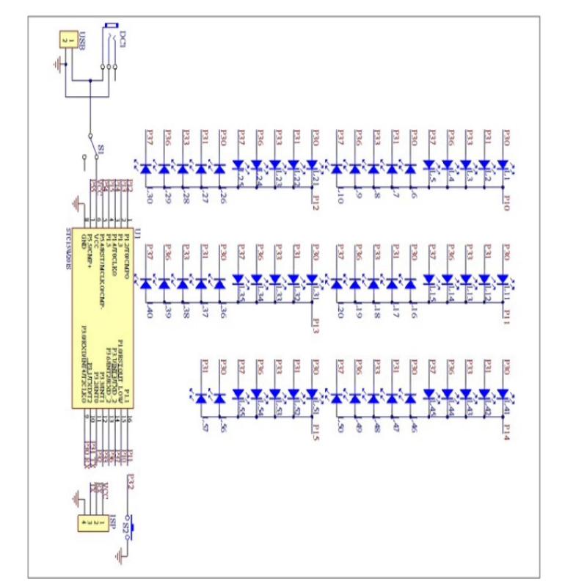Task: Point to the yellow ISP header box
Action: pos(91,522)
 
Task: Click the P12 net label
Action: pos(315,203)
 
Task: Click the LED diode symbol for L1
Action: pos(503,167)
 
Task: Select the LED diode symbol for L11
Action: pos(503,280)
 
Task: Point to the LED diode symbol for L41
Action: pos(503,395)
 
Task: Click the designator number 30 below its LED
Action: pos(150,197)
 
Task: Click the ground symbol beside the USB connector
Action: pos(59,65)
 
